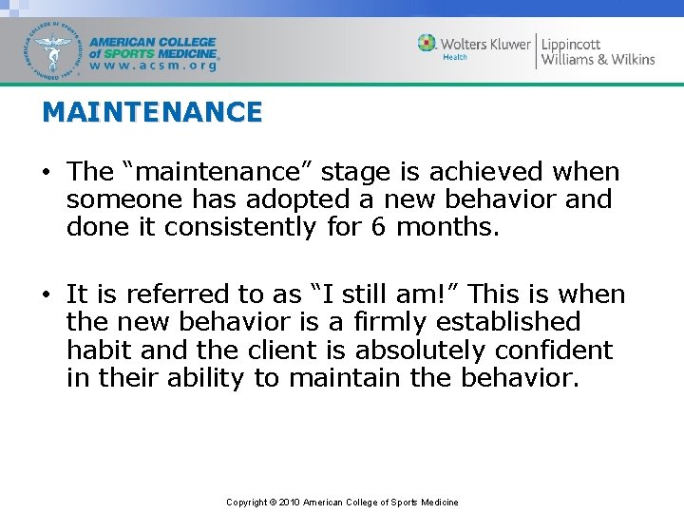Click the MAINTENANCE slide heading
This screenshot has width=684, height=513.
(x=152, y=112)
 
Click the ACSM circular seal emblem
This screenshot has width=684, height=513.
(x=55, y=49)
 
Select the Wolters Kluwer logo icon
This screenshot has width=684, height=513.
(x=427, y=44)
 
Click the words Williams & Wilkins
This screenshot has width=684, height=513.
(x=598, y=59)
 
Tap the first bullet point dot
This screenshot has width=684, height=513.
(x=47, y=173)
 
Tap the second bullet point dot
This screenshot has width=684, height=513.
(x=47, y=295)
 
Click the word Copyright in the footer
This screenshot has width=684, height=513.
(x=246, y=502)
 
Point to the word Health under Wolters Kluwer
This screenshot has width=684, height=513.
(x=455, y=57)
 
